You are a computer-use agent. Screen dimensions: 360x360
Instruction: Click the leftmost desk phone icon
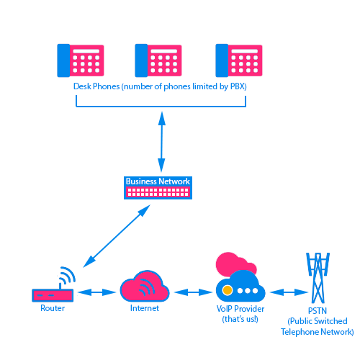click(81, 60)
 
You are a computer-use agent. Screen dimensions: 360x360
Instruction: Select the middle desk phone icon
click(158, 60)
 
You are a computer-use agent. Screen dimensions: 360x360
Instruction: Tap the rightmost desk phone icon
click(239, 60)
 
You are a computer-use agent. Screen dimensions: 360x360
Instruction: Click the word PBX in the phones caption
click(238, 86)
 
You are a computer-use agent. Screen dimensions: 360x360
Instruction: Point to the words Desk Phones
click(96, 86)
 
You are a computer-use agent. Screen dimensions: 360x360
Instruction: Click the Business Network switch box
click(158, 188)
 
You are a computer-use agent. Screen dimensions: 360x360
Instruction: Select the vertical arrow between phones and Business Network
click(161, 142)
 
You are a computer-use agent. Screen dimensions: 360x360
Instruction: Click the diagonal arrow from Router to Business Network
click(117, 236)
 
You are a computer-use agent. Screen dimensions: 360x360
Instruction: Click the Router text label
click(53, 308)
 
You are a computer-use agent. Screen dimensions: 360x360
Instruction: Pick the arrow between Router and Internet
click(96, 292)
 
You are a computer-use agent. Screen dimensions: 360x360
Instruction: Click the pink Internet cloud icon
click(145, 286)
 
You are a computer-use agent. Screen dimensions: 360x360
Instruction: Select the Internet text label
click(145, 308)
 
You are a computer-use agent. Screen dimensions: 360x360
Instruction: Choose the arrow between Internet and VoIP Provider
click(193, 292)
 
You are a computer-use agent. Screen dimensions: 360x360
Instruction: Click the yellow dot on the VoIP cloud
click(227, 290)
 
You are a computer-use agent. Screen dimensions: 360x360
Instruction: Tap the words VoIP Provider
click(240, 309)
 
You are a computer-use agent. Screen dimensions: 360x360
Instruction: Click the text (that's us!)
click(240, 319)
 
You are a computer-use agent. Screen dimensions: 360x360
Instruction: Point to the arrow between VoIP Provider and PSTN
click(289, 292)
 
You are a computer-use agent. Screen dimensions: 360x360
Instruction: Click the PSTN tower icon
click(318, 278)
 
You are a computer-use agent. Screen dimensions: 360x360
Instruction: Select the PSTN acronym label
click(318, 311)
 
